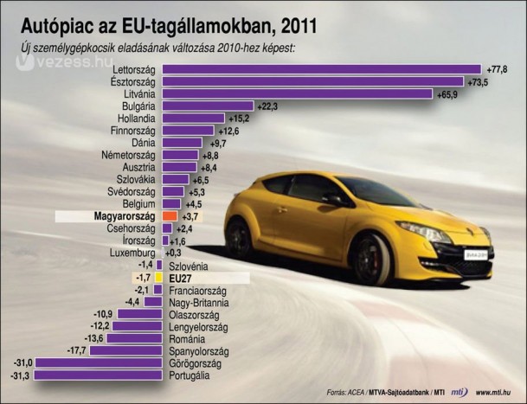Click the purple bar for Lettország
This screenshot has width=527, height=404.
click(321, 68)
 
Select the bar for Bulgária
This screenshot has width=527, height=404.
click(208, 106)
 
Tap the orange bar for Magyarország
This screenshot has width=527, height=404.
click(169, 215)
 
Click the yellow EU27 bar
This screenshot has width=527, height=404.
click(159, 278)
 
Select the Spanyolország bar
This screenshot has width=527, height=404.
click(125, 351)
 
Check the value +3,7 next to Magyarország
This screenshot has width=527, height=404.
click(191, 216)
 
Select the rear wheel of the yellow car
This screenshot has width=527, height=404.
click(239, 238)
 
